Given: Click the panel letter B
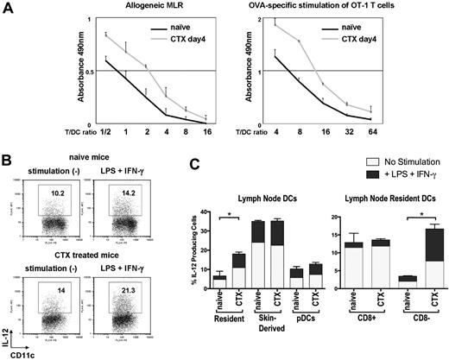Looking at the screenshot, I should pos(7,161).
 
